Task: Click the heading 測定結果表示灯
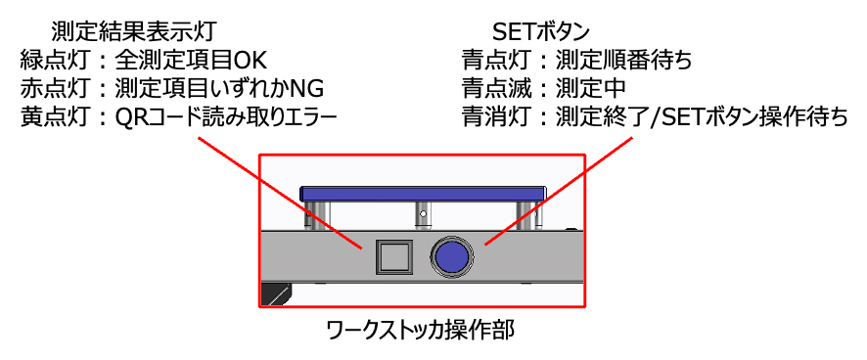132,31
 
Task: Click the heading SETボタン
541,31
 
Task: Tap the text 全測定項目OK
192,61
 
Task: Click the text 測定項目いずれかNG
219,88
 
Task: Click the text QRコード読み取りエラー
226,117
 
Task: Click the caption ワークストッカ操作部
422,331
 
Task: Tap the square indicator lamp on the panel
393,257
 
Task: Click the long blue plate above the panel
423,194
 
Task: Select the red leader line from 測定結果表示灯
280,194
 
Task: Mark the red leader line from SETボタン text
559,191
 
